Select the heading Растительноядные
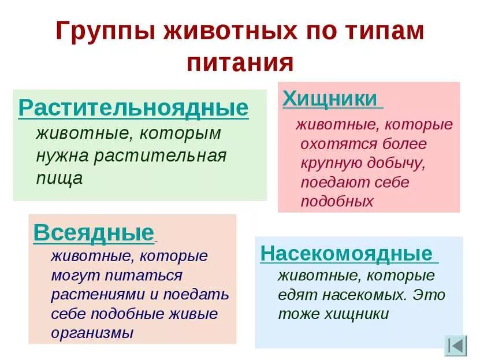pyautogui.click(x=133, y=108)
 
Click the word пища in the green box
pyautogui.click(x=59, y=179)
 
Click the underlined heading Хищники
pyautogui.click(x=329, y=98)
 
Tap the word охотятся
pyautogui.click(x=332, y=144)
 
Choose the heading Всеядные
pyautogui.click(x=94, y=232)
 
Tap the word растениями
pyautogui.click(x=95, y=294)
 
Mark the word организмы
pyautogui.click(x=92, y=333)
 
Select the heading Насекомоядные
pyautogui.click(x=346, y=254)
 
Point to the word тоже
pyautogui.click(x=295, y=314)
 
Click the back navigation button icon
pyautogui.click(x=455, y=345)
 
